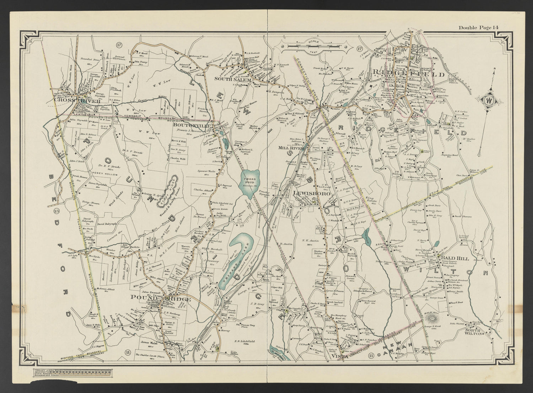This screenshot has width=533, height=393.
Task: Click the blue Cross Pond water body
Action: (x=251, y=183)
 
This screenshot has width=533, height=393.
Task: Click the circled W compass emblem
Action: (x=490, y=100)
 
